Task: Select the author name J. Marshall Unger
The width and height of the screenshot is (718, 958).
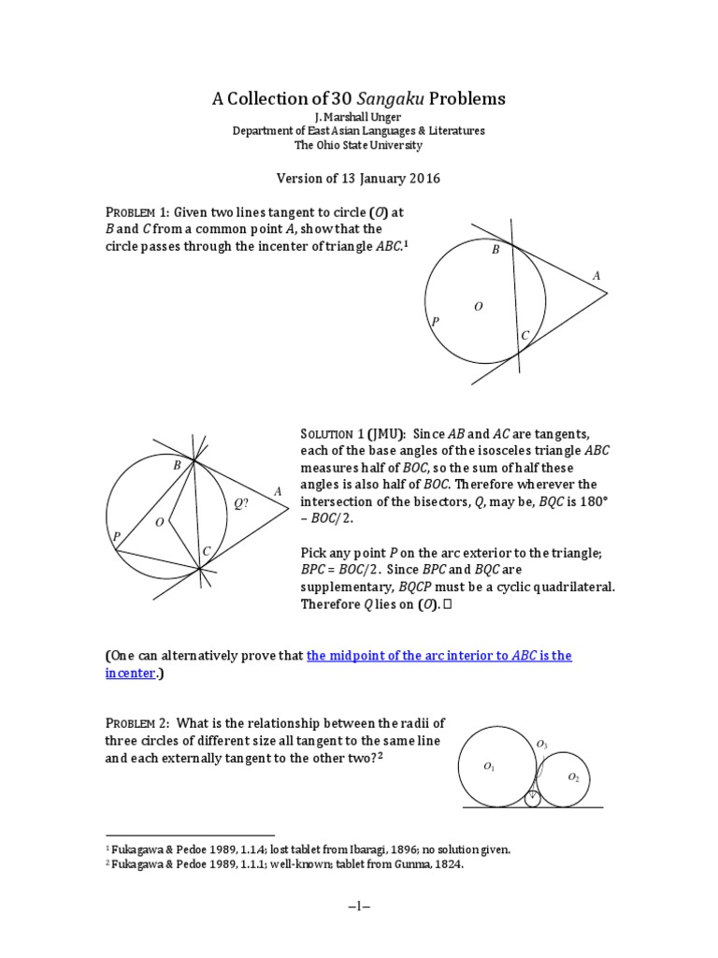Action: (x=359, y=117)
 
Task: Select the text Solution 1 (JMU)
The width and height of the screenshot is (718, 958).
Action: (x=351, y=435)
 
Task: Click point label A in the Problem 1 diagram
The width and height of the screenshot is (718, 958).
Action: (x=596, y=276)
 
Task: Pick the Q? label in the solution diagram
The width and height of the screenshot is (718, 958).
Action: (x=241, y=503)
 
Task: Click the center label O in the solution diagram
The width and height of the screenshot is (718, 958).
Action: (x=160, y=522)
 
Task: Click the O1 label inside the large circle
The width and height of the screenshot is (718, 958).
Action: (x=489, y=767)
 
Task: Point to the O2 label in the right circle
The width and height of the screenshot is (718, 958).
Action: (x=573, y=777)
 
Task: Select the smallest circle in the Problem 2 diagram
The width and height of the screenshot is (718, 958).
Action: (x=532, y=799)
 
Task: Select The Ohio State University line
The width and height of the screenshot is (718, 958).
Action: (x=359, y=146)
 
